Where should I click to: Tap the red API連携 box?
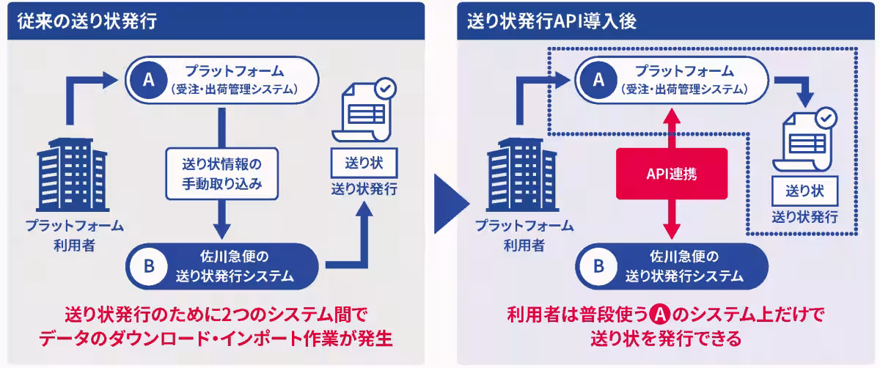[672, 174]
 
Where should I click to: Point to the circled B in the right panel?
[599, 267]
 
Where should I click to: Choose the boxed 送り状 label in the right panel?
[805, 191]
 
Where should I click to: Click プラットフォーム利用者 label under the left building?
[74, 235]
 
